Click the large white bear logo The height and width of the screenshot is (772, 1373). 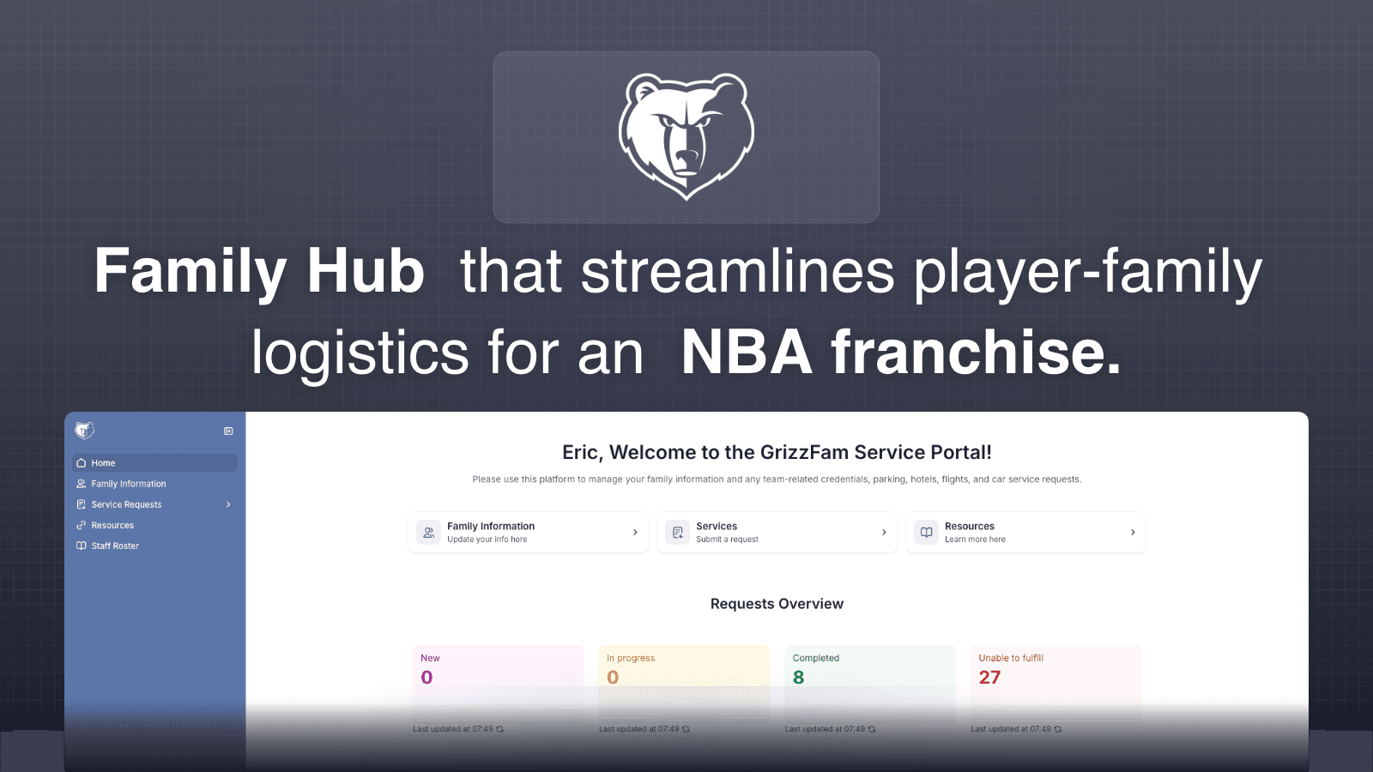(686, 136)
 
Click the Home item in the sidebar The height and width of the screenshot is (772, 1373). (103, 463)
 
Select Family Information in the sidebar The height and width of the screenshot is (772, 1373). (128, 484)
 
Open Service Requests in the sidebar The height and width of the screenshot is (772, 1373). (126, 504)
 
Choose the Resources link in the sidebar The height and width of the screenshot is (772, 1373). (112, 525)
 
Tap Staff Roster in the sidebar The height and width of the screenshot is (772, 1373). (115, 546)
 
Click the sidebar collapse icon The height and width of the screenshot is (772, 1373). (228, 431)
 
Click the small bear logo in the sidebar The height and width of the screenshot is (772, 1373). (84, 431)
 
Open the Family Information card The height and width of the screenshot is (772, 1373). (528, 533)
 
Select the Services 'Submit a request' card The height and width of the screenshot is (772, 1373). (777, 533)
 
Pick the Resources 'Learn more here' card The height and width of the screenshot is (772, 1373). (1025, 533)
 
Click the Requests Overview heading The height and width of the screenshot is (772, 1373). (777, 604)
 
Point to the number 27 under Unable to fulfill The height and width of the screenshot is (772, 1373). (989, 678)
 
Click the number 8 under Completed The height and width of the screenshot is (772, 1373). (799, 678)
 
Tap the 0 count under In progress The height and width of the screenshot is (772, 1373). (613, 678)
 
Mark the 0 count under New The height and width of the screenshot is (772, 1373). (426, 678)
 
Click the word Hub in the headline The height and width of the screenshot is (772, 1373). (366, 271)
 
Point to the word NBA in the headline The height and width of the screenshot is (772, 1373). (746, 353)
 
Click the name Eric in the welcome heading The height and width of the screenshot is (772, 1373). (581, 453)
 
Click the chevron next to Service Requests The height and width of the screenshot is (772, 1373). (228, 504)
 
